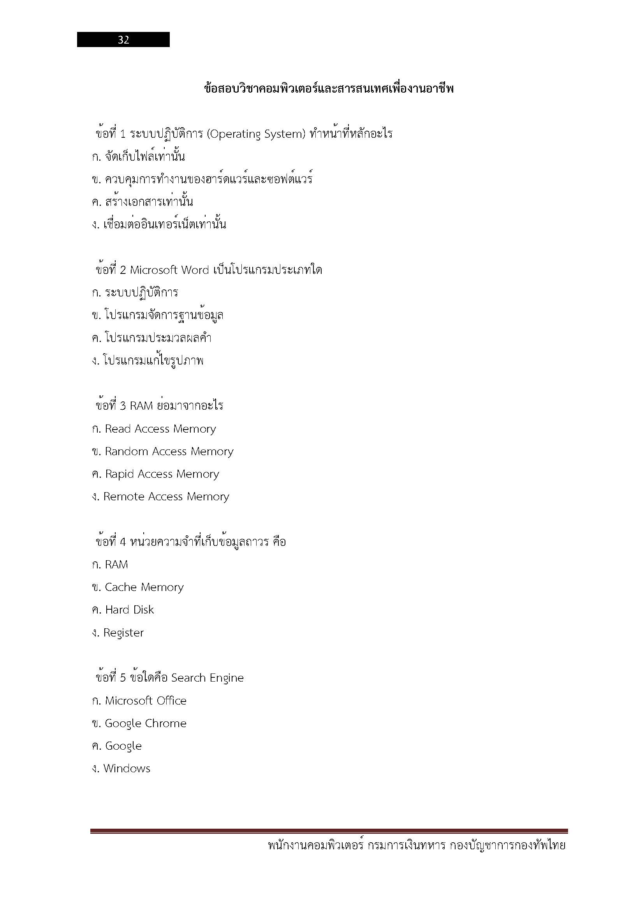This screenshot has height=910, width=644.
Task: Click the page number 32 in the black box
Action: pos(123,40)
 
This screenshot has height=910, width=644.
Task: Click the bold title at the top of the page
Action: pos(329,88)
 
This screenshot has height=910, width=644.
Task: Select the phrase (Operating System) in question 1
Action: pos(256,134)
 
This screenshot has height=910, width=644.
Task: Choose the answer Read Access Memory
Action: pos(160,429)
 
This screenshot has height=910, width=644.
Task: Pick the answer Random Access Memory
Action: pos(169,451)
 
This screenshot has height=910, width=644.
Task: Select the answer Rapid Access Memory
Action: pos(162,474)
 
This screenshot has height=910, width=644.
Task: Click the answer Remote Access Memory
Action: pos(166,496)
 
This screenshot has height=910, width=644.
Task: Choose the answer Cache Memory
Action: pos(144,587)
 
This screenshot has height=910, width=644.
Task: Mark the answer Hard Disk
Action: pos(129,610)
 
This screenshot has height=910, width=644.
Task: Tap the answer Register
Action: pos(123,633)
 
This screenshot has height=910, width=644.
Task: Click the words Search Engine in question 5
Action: pos(208,678)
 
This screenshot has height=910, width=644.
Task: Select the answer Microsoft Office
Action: pos(146,701)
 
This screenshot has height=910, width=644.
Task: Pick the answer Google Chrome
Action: pos(146,723)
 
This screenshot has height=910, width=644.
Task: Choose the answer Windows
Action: pos(127,768)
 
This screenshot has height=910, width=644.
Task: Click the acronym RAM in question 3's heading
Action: pos(141,406)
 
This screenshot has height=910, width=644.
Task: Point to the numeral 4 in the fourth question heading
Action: pos(123,542)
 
